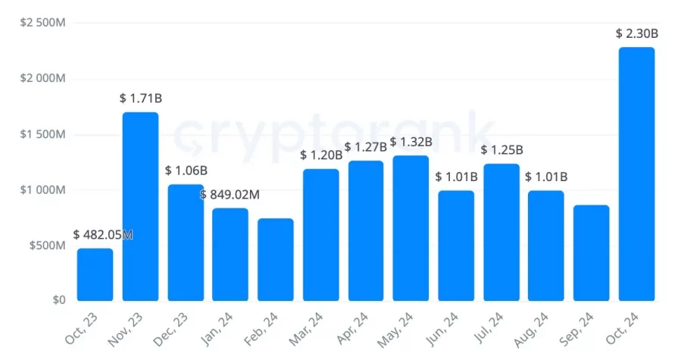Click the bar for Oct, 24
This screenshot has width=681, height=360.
tap(636, 174)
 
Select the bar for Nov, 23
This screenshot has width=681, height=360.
tap(140, 206)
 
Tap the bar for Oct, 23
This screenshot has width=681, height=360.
tap(95, 274)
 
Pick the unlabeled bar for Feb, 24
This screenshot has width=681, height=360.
tap(275, 259)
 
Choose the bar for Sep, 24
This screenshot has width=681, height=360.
tap(591, 252)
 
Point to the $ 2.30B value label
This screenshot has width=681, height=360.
tap(636, 33)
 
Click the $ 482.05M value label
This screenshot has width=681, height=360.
tap(103, 235)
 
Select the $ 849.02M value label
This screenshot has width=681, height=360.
tap(230, 195)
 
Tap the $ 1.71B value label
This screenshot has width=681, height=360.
tap(140, 99)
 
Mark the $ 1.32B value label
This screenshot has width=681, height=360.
tap(411, 142)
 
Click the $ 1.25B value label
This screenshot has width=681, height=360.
tap(501, 150)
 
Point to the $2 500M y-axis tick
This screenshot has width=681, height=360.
tap(42, 23)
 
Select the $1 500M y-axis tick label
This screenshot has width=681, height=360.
tap(42, 134)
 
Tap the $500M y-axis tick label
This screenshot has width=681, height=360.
tap(47, 245)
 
